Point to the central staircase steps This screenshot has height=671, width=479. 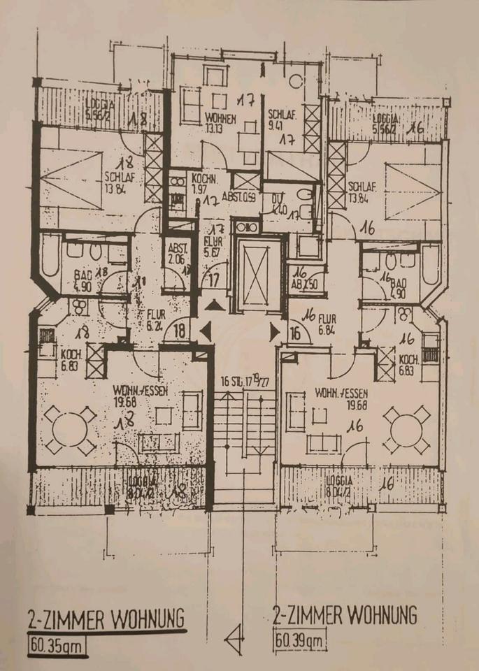[243, 426]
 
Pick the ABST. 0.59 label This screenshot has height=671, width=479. [237, 197]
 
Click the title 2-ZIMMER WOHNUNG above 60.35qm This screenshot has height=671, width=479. [106, 619]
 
